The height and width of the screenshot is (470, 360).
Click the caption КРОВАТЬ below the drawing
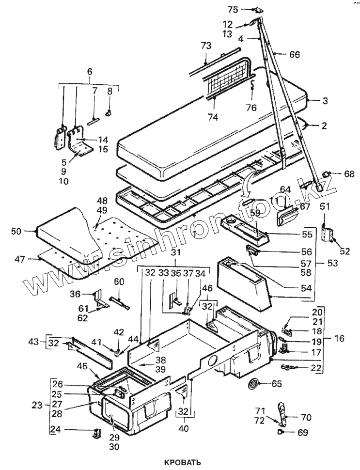[x=182, y=461]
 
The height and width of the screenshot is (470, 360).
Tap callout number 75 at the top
[x=233, y=9]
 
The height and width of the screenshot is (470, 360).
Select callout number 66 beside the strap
[x=294, y=55]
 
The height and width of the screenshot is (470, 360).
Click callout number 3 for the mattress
[x=325, y=101]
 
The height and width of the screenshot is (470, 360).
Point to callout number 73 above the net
[x=206, y=46]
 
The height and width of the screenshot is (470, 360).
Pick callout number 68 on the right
[x=348, y=173]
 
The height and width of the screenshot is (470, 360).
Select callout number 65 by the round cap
[x=276, y=383]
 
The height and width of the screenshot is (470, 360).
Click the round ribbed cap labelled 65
[x=252, y=384]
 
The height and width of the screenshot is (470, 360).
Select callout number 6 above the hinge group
[x=89, y=71]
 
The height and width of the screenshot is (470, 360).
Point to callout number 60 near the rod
[x=119, y=282]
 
